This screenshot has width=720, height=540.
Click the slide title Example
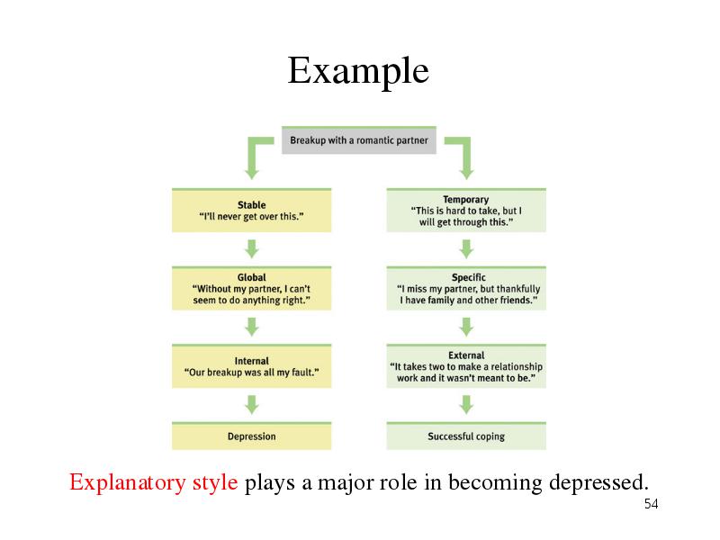pos(358,71)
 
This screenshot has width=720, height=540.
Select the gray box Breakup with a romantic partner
pos(358,140)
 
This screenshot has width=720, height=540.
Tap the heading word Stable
pos(252,205)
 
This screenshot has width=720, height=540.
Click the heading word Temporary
pos(465,199)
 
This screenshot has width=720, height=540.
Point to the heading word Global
pos(252,277)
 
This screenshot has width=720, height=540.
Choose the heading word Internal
pos(252,361)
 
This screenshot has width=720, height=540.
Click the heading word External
pos(466,355)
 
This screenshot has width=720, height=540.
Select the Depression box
pos(252,436)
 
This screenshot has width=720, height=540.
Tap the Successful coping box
pos(466,436)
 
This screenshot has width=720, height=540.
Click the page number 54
pos(651,504)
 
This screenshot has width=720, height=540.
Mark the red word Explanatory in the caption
pos(128,482)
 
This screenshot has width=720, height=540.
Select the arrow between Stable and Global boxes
pos(252,249)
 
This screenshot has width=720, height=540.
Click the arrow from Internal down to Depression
pos(252,405)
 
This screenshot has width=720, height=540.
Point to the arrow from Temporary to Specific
pos(466,249)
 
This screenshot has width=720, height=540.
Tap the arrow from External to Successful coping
pos(466,405)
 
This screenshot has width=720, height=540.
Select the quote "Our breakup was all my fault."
pos(252,373)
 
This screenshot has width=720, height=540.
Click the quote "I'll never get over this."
pos(252,216)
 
